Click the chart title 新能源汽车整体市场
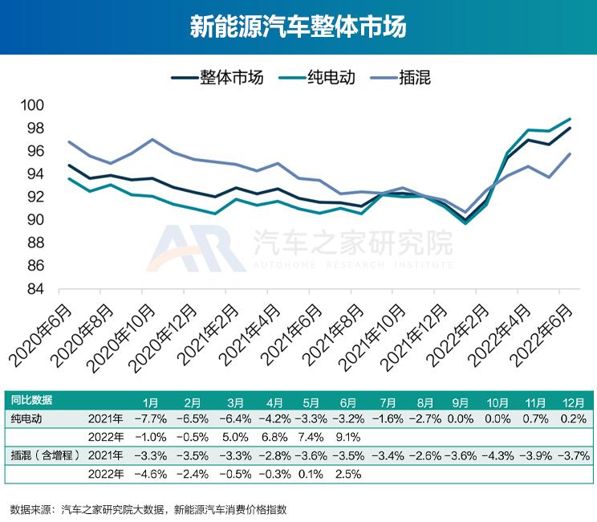point(298,27)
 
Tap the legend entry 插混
point(414,77)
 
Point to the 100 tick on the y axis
point(36,105)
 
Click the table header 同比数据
point(31,401)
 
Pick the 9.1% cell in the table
point(347,438)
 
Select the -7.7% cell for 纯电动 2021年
point(149,419)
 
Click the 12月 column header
point(569,401)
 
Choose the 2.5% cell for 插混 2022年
point(347,475)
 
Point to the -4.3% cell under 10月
point(498,456)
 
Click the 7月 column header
point(387,401)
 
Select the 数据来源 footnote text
point(148,508)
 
